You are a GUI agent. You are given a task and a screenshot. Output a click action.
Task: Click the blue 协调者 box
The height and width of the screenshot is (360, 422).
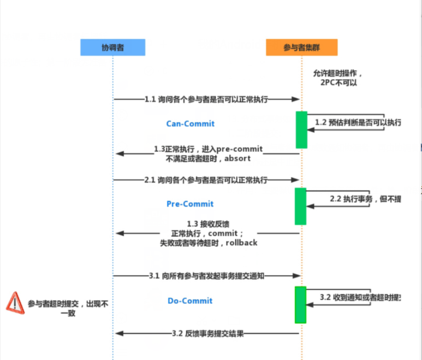click(x=112, y=48)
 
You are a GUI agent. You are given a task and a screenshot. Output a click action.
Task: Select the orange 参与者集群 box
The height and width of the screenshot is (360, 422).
click(x=301, y=48)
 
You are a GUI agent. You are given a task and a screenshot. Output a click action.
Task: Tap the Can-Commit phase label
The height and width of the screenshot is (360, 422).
click(x=190, y=124)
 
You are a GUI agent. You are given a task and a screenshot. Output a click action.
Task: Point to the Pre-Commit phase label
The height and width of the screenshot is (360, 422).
click(x=190, y=204)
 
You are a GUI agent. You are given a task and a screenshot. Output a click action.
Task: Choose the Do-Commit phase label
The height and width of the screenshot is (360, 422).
click(x=190, y=301)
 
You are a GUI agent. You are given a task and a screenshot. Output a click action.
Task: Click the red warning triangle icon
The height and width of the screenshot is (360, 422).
click(x=15, y=302)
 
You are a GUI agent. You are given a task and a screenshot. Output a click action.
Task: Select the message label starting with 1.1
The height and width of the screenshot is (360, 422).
click(x=206, y=100)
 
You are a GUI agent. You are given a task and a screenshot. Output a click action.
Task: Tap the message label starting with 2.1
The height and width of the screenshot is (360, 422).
click(x=206, y=180)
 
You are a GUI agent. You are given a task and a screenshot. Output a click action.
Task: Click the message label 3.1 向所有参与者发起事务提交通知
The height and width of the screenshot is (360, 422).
click(x=206, y=276)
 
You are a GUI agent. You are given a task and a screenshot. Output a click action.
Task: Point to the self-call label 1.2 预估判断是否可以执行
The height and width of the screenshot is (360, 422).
click(x=358, y=123)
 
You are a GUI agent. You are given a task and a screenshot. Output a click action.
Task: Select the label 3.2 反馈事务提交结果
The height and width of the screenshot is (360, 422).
click(x=207, y=333)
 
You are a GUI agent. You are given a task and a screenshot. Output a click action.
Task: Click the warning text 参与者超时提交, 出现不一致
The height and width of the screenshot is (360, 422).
click(x=68, y=308)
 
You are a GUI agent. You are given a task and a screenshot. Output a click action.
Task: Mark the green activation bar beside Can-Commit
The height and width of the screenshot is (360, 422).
click(x=301, y=129)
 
